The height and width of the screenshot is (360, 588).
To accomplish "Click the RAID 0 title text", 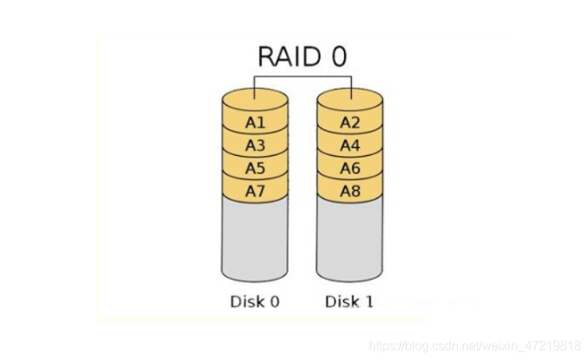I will click(x=302, y=56).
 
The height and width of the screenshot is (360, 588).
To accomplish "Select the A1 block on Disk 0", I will click(x=255, y=122).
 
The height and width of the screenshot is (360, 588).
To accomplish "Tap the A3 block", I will click(x=255, y=146).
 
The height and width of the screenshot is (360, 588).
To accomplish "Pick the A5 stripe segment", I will click(x=255, y=168).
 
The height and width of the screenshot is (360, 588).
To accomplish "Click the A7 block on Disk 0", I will click(x=255, y=191).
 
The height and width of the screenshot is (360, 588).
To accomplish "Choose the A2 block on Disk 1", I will click(x=349, y=122).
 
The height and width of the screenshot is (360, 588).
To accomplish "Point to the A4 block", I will click(x=349, y=146).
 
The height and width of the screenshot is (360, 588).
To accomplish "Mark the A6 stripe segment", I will click(x=349, y=168).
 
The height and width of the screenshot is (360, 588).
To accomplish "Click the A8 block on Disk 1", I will click(x=349, y=191).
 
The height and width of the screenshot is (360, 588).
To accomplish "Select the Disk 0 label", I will click(x=254, y=302).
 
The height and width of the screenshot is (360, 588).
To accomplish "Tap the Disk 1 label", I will click(x=349, y=302).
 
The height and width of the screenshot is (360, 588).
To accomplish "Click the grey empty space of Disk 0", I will click(x=255, y=238).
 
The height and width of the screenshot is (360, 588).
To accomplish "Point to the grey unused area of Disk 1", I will click(x=349, y=238).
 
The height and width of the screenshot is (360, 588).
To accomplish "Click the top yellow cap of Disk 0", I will click(x=255, y=99).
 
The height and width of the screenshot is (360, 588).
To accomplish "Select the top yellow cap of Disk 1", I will click(x=349, y=99).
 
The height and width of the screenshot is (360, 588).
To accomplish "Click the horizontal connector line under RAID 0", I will click(x=302, y=76).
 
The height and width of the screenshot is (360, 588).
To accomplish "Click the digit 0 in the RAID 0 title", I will click(x=337, y=56).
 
